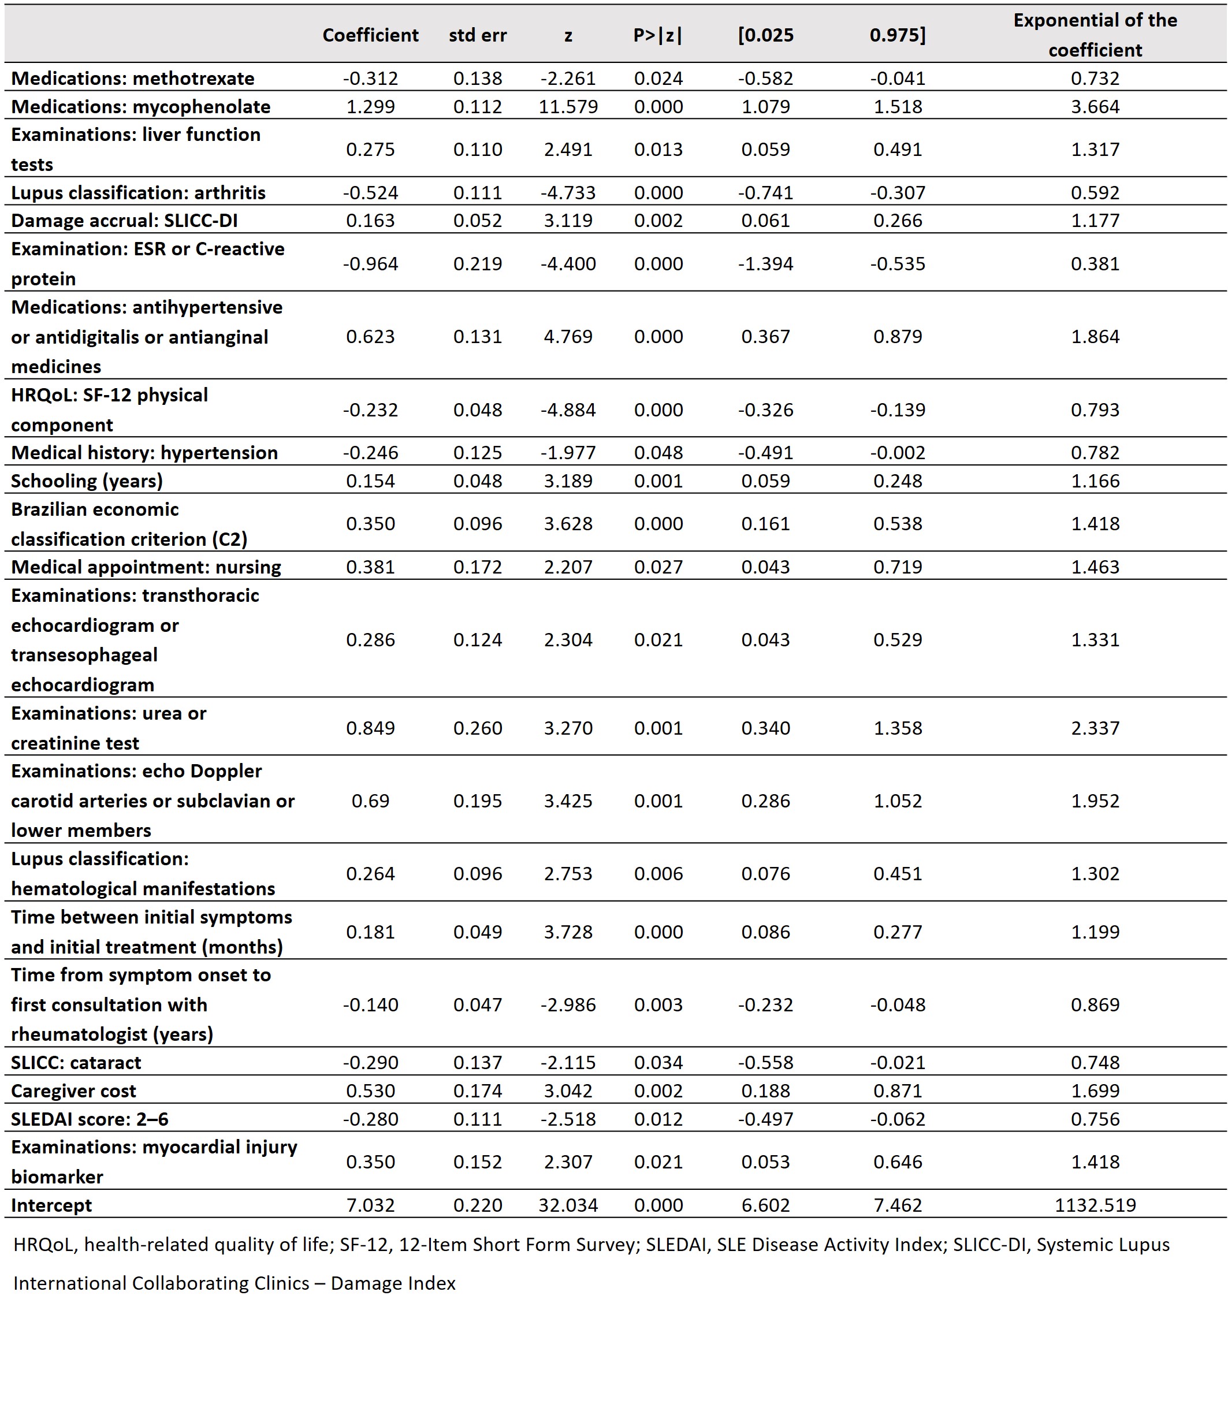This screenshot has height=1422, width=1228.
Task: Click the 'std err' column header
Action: point(477,36)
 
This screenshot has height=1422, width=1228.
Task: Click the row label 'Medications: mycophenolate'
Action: point(141,107)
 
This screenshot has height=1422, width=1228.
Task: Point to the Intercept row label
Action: point(51,1205)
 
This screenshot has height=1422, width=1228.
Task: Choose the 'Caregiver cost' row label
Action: point(73,1091)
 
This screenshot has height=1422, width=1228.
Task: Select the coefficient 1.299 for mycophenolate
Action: point(370,107)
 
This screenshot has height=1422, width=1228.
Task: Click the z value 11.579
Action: point(568,107)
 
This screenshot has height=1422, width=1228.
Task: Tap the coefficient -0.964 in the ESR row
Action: point(370,264)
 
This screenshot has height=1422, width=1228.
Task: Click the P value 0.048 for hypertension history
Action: point(658,453)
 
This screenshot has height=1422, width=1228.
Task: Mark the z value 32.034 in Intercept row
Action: point(568,1205)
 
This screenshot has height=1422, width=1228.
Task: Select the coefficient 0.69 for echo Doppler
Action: point(370,801)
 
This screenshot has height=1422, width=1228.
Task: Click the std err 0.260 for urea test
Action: point(477,728)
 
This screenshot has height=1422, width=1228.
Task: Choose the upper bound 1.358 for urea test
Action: point(897,728)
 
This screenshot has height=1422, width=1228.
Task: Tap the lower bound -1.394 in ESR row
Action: point(765,264)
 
